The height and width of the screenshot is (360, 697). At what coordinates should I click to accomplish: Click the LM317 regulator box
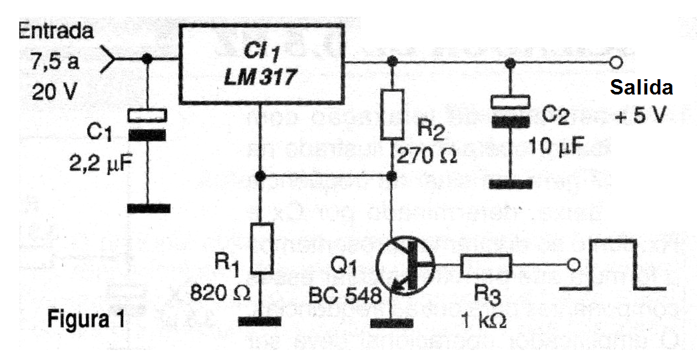pos(262,64)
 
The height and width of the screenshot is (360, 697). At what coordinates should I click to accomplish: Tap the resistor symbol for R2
pos(392,114)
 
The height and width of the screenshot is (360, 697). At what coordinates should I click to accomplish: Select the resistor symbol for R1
pos(262,248)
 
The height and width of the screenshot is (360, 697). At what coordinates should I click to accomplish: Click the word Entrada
pos(56,31)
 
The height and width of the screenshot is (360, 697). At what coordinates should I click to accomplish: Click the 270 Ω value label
pos(427,157)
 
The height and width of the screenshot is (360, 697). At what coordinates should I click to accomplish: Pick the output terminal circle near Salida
pos(616,63)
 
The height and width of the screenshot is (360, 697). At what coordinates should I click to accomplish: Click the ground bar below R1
pos(260,321)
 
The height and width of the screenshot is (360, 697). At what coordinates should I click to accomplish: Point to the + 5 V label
pos(640,114)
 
